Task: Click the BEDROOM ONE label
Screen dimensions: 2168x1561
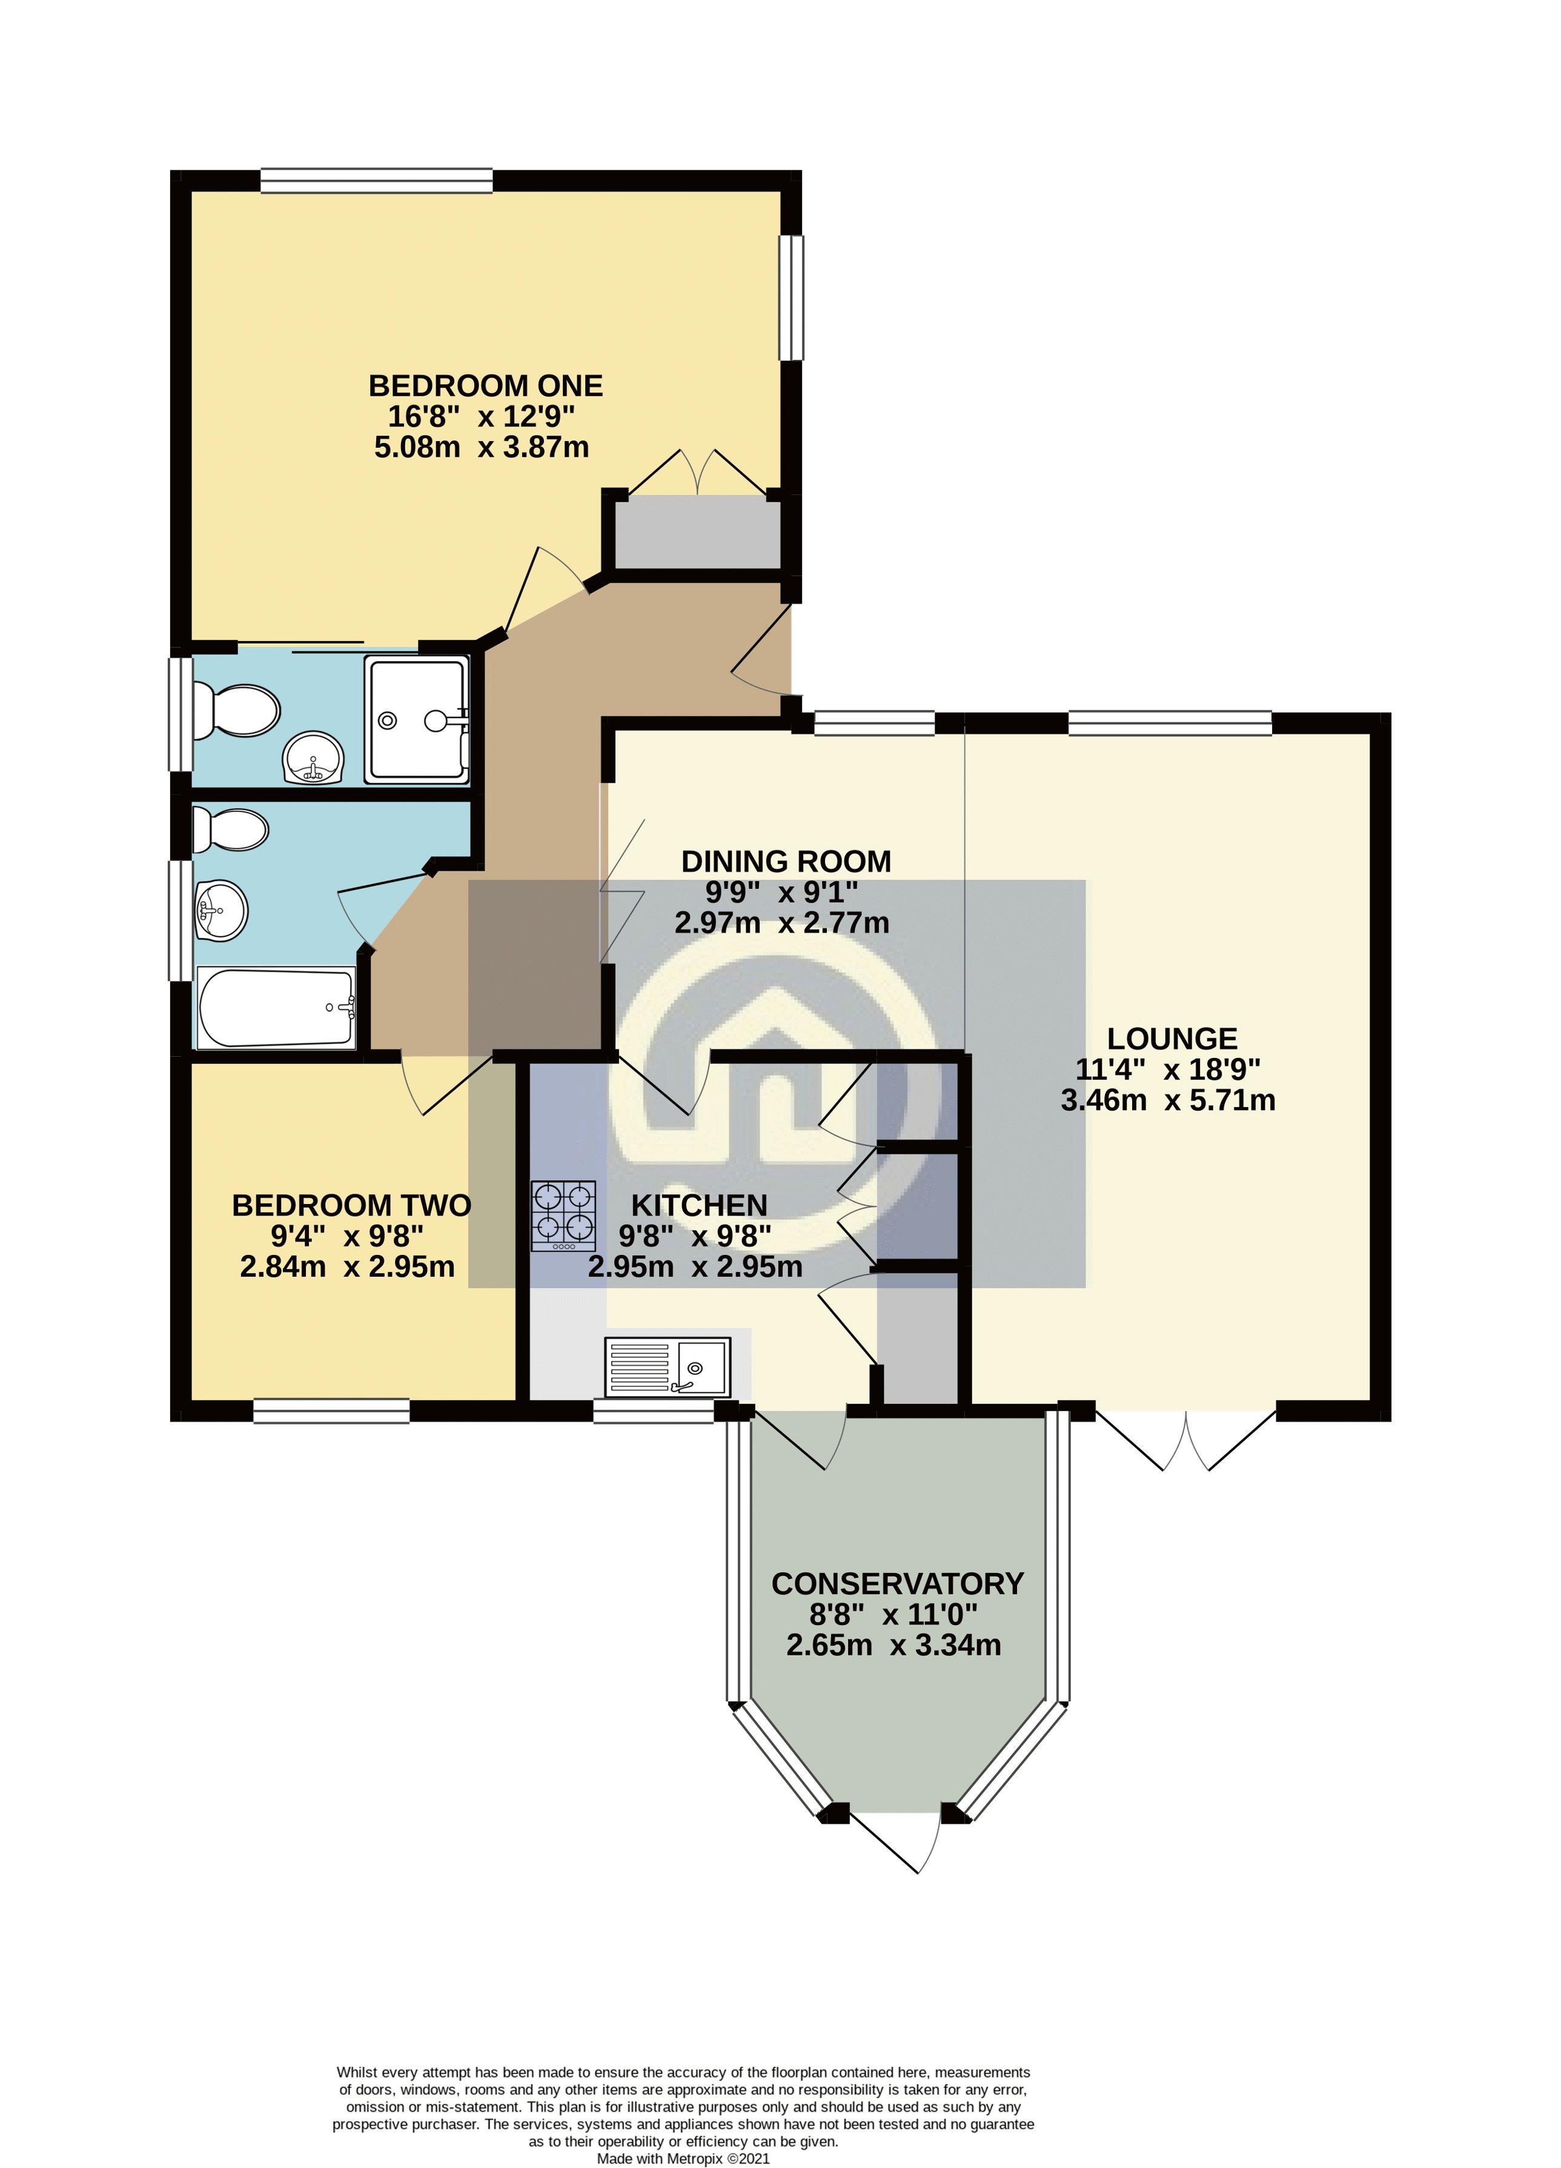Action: [486, 386]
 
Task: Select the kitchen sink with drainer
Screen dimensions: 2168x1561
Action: [666, 1368]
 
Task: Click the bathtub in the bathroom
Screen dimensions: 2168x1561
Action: [276, 1008]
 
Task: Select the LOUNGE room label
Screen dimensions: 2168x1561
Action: [1172, 1039]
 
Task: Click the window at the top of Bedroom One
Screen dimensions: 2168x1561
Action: [377, 181]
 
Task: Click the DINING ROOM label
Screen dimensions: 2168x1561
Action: [786, 861]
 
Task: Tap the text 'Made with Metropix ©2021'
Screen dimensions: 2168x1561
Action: [683, 2158]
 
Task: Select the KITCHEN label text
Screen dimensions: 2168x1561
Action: [699, 1205]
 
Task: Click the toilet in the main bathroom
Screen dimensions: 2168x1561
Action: [230, 830]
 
